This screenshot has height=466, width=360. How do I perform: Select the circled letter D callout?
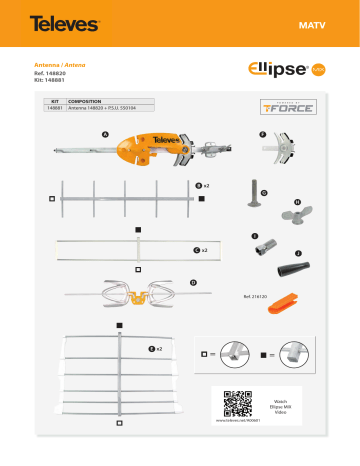coord(192,283)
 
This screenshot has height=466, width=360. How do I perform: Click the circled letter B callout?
coord(198,185)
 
